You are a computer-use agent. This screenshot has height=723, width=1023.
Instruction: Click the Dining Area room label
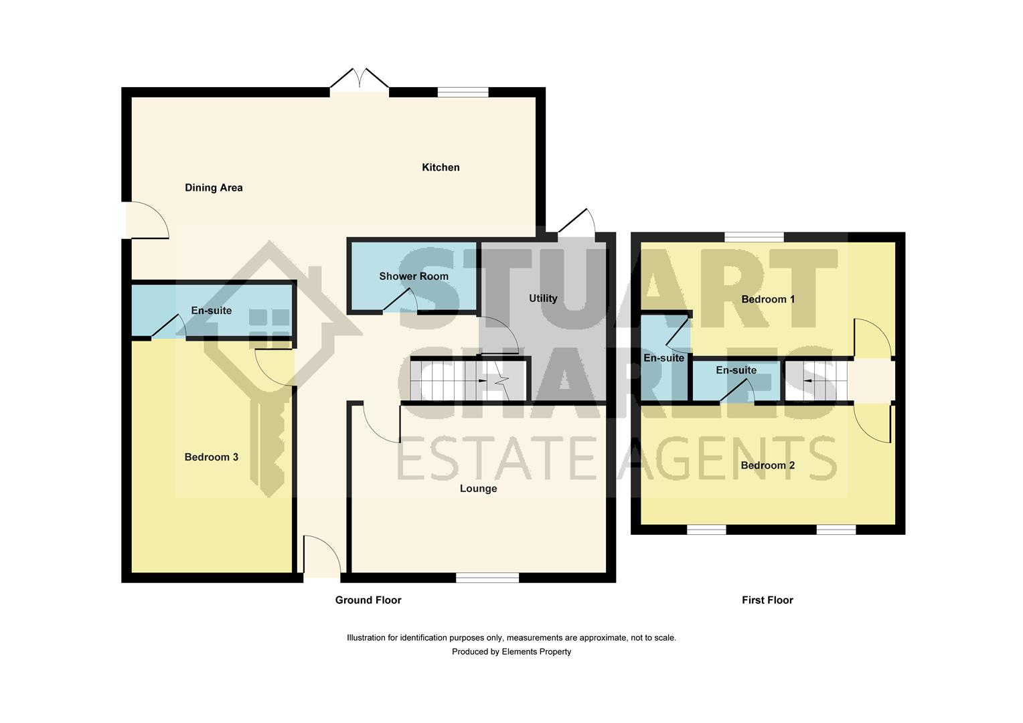tap(214, 188)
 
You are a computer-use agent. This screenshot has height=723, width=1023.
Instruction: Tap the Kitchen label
tap(441, 167)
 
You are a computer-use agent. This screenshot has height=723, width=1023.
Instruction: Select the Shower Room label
tap(414, 276)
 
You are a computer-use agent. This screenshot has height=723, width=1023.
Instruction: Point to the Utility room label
tap(543, 299)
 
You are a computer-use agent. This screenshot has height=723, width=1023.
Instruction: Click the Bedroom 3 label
tap(212, 457)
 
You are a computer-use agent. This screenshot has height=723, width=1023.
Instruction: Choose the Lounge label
tap(478, 489)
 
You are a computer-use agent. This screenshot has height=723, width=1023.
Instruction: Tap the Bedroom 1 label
tap(768, 299)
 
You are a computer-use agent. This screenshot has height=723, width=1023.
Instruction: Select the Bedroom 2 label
tap(768, 465)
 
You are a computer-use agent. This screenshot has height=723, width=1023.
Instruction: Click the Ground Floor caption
tap(368, 600)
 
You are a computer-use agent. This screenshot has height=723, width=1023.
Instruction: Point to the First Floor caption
tap(767, 600)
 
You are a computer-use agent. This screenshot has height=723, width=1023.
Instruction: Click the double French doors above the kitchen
tap(360, 80)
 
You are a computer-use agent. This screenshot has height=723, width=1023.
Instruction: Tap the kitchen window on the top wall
tap(463, 92)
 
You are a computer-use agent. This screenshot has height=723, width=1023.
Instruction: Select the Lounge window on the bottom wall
tap(487, 578)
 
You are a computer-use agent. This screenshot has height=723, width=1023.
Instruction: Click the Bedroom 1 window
tap(754, 237)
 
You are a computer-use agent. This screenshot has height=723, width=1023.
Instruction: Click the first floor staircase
tap(817, 382)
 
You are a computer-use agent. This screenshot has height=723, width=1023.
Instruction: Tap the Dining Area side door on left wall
tap(144, 220)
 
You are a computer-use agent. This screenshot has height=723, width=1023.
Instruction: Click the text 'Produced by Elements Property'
tap(511, 652)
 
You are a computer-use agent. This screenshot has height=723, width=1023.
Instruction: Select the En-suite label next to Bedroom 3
tap(212, 311)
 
